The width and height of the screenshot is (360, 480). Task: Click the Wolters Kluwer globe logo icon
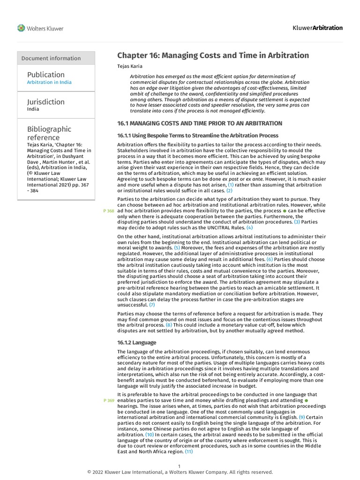pos(22,28)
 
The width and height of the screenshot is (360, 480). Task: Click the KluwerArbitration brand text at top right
pos(318,28)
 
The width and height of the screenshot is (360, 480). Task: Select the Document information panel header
pos(51,58)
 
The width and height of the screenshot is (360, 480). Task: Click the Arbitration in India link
pos(49,82)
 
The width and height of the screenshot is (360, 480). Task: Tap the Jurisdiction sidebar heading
pos(46,102)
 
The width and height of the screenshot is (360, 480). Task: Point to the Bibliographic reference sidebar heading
pos(49,133)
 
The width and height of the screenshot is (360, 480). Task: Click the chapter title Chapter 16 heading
pos(213,55)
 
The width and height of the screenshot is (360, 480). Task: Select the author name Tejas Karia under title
pos(130,67)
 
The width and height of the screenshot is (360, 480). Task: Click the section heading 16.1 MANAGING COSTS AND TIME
pos(199,123)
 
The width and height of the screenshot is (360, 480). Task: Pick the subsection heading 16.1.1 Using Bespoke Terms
pos(197,135)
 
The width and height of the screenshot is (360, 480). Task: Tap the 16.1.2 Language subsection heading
pos(136,343)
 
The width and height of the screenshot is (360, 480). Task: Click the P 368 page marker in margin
pos(108,211)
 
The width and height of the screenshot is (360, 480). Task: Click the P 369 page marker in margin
pos(108,401)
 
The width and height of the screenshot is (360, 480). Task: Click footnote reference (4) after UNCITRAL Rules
pos(249,227)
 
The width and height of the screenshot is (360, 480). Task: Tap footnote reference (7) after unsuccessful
pos(152,305)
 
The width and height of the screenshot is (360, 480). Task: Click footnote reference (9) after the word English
pos(302,417)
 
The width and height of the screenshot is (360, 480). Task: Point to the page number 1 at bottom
pos(180,466)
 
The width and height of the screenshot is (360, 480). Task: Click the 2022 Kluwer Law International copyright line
pos(180,472)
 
